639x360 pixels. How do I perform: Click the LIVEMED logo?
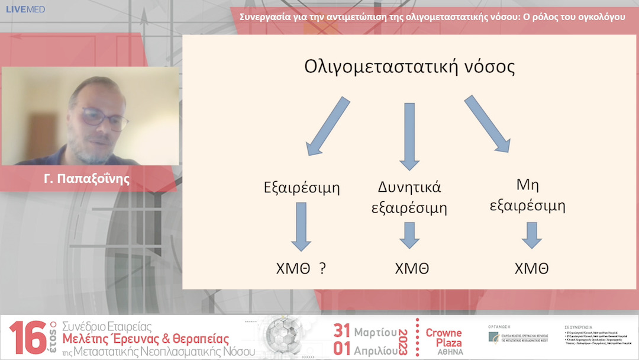pos(25,9)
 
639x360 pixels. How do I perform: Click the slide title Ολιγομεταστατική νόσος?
pos(409,66)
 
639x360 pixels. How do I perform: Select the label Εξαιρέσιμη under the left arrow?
pos(302,188)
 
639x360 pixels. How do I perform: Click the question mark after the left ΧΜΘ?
pos(322,268)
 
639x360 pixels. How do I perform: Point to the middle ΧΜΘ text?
pos(412,268)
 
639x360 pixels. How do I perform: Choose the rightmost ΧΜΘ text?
pos(531,268)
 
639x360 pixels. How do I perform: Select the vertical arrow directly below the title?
pos(409,135)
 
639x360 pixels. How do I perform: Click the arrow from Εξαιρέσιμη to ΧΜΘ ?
pos(302,226)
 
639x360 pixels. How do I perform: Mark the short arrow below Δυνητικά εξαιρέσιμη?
pos(409,235)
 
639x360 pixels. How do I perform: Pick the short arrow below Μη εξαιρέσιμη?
pos(531,235)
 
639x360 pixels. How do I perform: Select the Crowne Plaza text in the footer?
pos(444,337)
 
